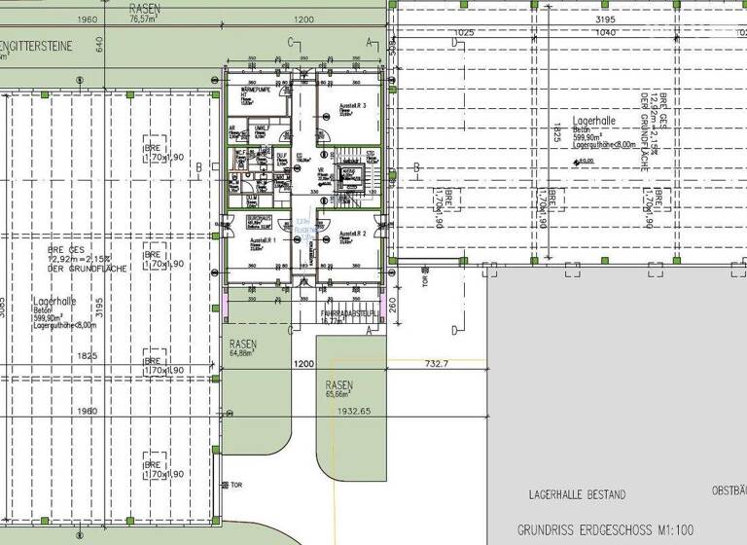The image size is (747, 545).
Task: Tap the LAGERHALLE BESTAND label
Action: (x=577, y=495)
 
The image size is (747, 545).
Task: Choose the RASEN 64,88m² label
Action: (x=243, y=349)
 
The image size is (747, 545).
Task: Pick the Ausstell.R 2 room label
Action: (x=352, y=235)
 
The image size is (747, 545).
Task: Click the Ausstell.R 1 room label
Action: (x=263, y=239)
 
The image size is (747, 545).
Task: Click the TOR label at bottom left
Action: (x=235, y=484)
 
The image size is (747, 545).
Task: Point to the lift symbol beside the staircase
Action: (x=348, y=173)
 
